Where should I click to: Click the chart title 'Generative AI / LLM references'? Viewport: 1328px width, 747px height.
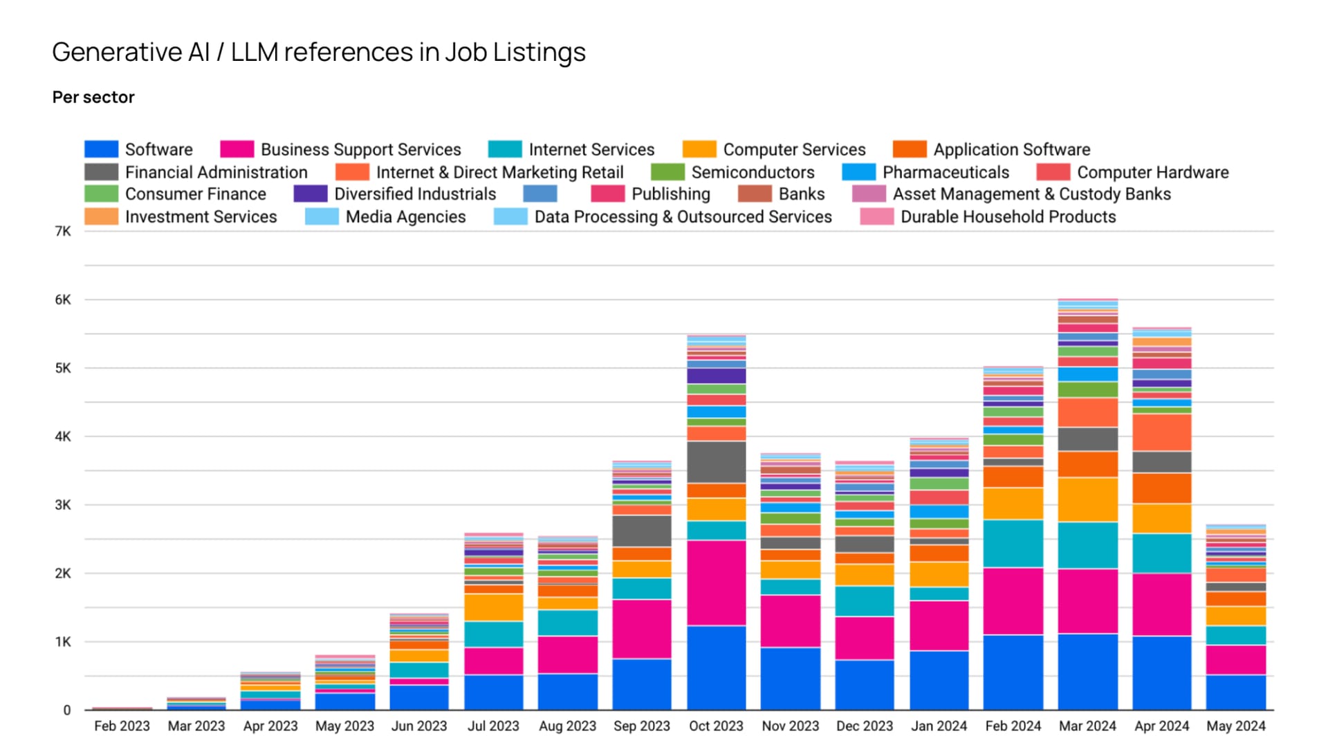318,53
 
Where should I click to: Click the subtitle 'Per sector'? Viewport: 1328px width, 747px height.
93,98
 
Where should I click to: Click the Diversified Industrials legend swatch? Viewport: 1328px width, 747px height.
310,194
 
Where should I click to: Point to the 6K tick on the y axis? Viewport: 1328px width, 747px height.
63,299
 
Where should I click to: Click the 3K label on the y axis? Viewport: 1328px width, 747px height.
63,505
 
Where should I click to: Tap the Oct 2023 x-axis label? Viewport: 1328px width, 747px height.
716,726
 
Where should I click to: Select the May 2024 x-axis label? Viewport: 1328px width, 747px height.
1235,726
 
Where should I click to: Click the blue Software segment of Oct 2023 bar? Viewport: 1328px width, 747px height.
716,667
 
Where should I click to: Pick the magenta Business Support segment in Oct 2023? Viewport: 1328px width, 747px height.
716,582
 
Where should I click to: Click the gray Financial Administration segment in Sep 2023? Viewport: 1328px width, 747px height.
641,531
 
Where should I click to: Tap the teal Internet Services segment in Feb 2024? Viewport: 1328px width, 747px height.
1013,544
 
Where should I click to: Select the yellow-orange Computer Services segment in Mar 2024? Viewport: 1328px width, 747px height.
1087,499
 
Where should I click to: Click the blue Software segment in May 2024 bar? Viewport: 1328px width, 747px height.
1235,692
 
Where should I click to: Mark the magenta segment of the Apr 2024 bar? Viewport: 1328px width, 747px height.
1162,604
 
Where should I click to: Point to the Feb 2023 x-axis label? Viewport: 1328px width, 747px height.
122,726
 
